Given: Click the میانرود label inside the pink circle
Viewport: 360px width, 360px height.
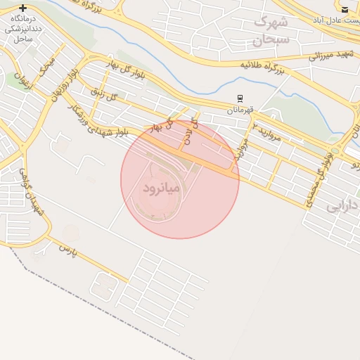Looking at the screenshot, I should (162, 189).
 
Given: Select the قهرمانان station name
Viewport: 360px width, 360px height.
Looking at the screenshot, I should (240, 110).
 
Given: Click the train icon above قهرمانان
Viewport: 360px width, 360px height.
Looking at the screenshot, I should (240, 98).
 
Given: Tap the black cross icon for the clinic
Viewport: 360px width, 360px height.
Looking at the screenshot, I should (23, 8).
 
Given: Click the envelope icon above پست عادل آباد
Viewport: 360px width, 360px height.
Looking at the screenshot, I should (345, 9).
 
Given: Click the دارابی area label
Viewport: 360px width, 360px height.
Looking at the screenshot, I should (343, 206).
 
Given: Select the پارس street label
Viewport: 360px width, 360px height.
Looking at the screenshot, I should (67, 249).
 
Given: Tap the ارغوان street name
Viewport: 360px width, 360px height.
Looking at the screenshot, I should (23, 82).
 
